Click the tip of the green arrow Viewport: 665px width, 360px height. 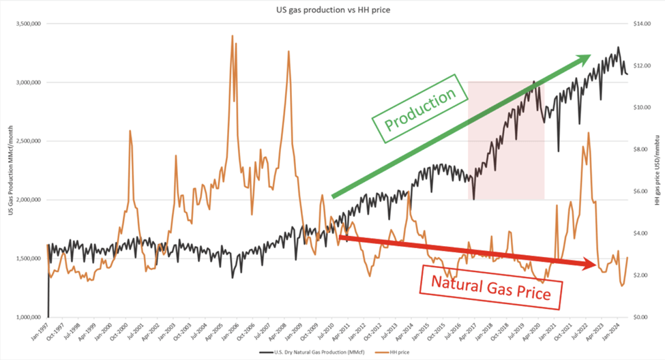pyautogui.click(x=589, y=55)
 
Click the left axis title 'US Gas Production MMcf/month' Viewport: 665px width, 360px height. pyautogui.click(x=10, y=170)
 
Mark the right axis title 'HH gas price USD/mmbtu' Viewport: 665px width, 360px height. pyautogui.click(x=657, y=170)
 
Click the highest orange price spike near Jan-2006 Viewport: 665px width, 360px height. pyautogui.click(x=233, y=36)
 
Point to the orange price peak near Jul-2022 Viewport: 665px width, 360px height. pyautogui.click(x=587, y=133)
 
